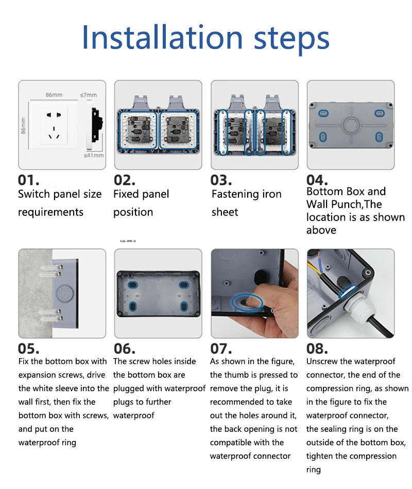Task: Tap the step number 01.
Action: [x=29, y=180]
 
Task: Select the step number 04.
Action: [x=317, y=180]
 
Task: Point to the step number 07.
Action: [x=221, y=349]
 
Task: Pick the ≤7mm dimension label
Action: [x=88, y=95]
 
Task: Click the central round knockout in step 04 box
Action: [x=350, y=125]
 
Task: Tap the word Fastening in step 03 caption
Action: [x=236, y=194]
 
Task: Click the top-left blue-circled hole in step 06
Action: [x=133, y=285]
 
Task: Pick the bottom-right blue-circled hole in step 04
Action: [x=379, y=137]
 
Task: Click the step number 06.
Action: [x=124, y=349]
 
